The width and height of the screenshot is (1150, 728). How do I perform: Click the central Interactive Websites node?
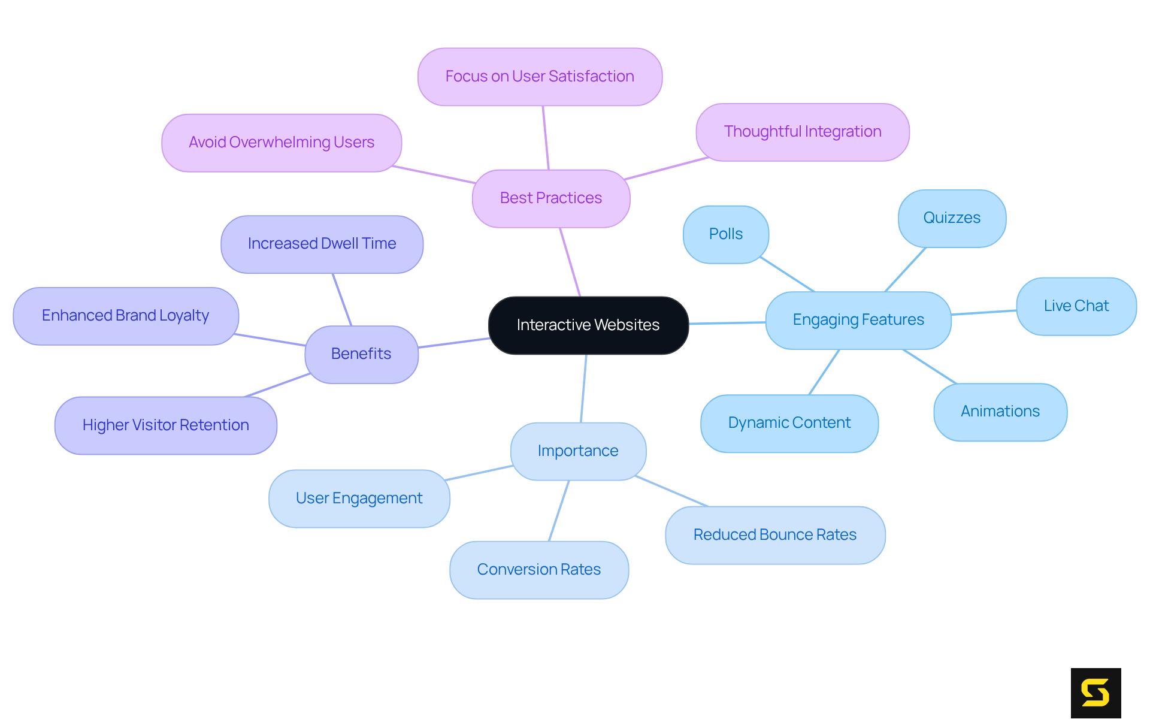[588, 325]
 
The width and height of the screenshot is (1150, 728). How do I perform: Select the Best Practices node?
[550, 198]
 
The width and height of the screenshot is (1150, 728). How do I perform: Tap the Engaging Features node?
[858, 320]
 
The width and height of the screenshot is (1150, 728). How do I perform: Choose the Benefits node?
[361, 354]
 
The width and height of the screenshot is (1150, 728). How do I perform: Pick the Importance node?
[578, 451]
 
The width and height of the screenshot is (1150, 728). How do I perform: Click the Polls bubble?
[725, 234]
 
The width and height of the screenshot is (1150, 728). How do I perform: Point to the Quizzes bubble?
[952, 218]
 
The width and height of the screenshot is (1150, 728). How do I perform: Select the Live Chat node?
[1076, 306]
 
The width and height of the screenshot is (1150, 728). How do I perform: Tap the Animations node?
[1000, 412]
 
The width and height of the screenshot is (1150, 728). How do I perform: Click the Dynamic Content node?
[789, 423]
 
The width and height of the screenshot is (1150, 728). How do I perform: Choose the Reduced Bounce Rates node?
[774, 535]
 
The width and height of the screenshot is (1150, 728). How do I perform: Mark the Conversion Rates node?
[538, 570]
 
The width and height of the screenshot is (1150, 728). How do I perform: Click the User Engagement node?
[359, 499]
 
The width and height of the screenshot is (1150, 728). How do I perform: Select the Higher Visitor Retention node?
[165, 425]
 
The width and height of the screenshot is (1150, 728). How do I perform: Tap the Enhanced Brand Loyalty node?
[125, 316]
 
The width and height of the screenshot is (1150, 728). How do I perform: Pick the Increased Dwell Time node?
[322, 244]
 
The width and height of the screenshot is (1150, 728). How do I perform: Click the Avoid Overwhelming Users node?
[281, 143]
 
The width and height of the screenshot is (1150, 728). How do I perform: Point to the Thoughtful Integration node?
[802, 132]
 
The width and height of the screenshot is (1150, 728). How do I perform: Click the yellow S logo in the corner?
[1095, 693]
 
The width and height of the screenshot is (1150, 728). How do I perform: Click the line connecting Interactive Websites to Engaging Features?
[727, 323]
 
